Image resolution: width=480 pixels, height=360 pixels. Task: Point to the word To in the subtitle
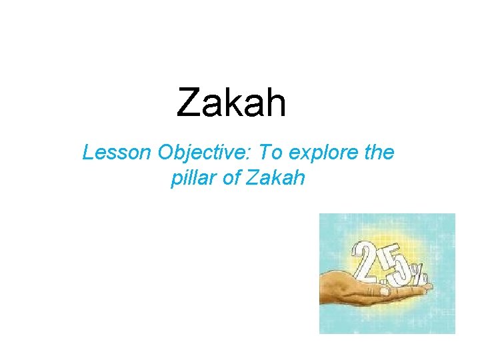[x=270, y=153]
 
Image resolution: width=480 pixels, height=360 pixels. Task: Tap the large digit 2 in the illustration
[x=366, y=263]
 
